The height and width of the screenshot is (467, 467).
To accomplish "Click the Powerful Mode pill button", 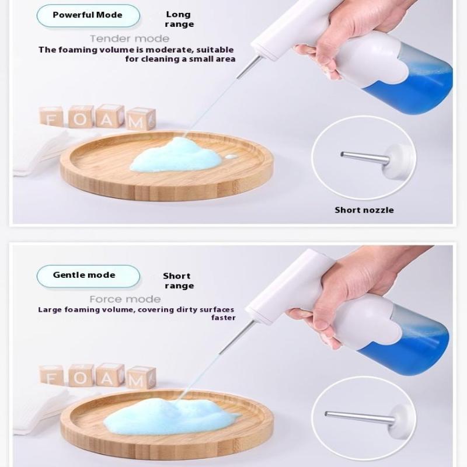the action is coord(88,16).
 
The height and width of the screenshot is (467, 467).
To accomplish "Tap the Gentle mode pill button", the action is coord(88,276).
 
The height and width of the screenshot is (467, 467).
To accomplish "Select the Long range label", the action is coord(179,19).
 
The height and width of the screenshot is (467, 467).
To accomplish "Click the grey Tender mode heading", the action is coord(130,39).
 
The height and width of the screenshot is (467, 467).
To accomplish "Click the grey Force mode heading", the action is coord(125,299).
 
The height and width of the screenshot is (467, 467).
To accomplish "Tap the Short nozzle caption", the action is coord(364,210).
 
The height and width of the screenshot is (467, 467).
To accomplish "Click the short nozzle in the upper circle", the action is coord(365,158).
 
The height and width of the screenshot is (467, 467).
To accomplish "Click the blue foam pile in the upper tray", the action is coord(176,155).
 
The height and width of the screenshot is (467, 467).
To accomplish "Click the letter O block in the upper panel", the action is coord(81,117).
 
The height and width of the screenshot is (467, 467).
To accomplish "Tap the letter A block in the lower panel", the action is coord(109,376).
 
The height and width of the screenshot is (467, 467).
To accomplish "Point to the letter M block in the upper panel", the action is coord(140,119).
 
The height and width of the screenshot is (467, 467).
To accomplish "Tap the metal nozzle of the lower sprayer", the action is coord(238,337).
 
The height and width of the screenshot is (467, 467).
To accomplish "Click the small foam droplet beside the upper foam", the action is coord(231,156).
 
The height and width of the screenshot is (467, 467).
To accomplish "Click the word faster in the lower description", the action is coord(224,318).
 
